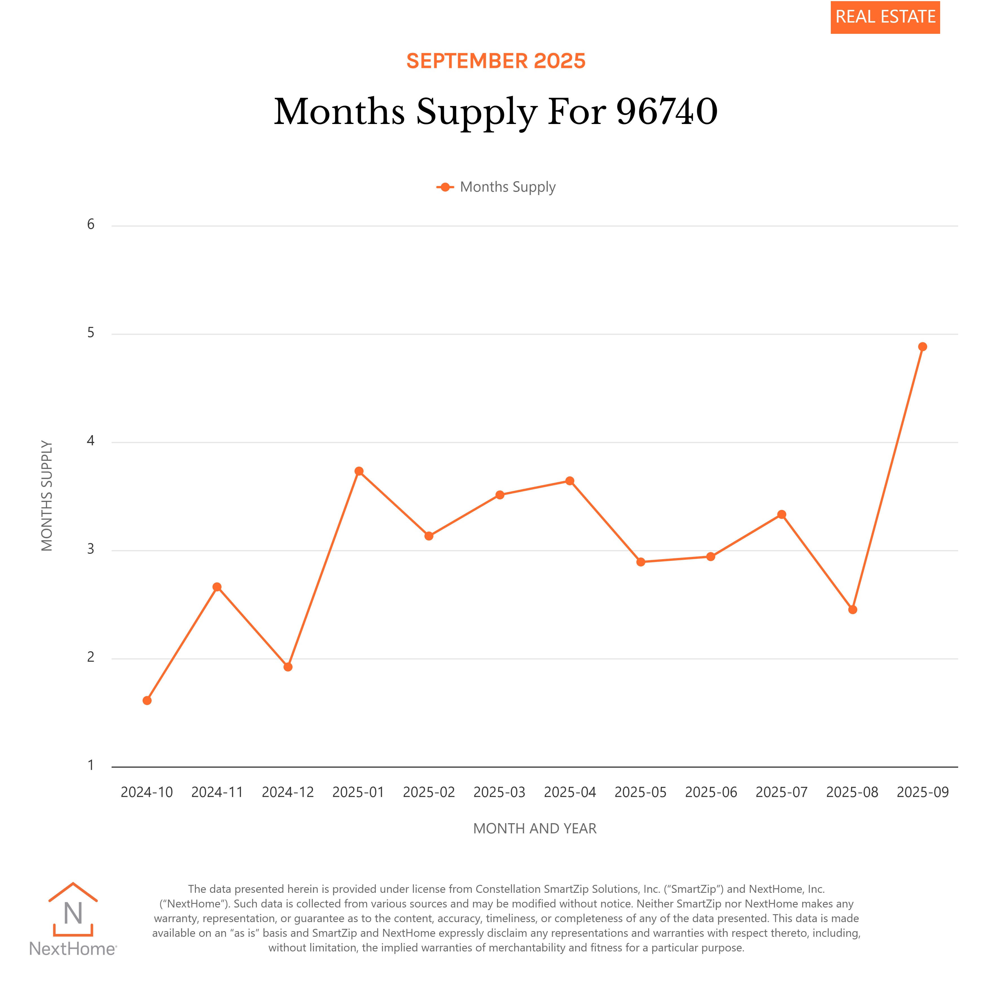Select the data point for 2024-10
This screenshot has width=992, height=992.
[147, 700]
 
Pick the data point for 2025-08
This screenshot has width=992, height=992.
[852, 610]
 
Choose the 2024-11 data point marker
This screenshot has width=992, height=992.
[217, 587]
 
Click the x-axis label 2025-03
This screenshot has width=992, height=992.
[499, 792]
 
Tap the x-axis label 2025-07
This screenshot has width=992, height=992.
[781, 792]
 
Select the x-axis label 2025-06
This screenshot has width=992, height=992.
[711, 792]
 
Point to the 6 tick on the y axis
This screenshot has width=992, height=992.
[91, 224]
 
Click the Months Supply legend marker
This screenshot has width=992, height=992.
[445, 187]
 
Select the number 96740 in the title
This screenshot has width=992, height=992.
[666, 111]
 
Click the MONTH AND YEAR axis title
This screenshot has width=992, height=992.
[535, 828]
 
